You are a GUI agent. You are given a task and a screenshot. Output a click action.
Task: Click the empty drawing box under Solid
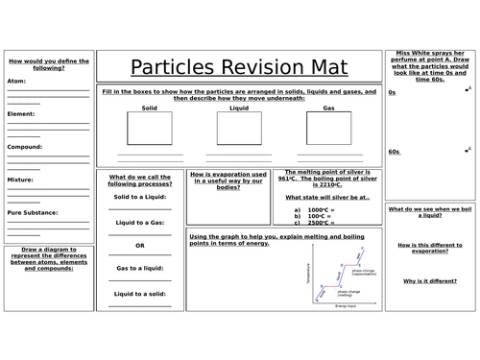coord(148,129)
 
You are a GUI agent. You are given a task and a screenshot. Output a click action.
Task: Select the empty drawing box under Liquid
coord(238,129)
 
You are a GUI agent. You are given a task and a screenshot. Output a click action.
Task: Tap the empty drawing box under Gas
coord(328,129)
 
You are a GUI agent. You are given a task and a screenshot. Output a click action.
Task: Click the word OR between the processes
coord(140,244)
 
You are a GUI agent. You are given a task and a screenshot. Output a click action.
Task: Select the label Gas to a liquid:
coord(140,267)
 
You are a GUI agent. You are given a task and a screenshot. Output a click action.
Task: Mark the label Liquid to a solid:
coord(140,293)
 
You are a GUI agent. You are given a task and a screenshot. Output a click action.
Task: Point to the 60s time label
coord(394,152)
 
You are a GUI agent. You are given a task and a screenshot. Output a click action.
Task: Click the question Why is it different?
coord(428,280)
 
